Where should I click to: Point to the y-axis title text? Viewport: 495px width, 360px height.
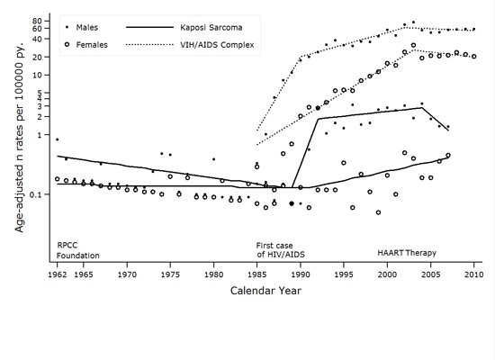pyautogui.click(x=17, y=152)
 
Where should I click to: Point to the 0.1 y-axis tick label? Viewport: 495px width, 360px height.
pyautogui.click(x=40, y=194)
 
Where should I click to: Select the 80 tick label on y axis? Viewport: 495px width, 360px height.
pyautogui.click(x=42, y=21)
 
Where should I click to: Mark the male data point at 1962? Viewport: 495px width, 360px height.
pyautogui.click(x=57, y=139)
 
